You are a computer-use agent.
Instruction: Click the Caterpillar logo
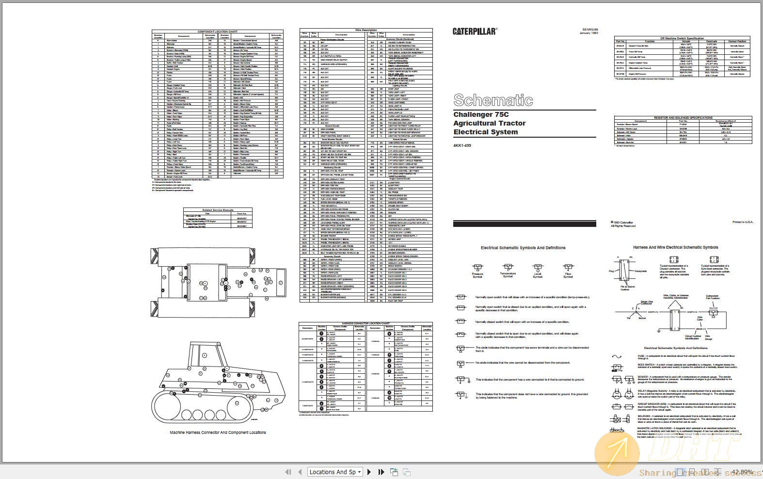pos(475,32)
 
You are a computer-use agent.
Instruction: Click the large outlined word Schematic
pos(493,100)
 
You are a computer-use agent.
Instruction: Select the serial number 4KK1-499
pos(462,145)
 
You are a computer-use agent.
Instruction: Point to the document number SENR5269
pos(590,29)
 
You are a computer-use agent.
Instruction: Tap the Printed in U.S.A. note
pos(743,222)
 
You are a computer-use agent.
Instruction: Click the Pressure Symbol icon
pos(477,268)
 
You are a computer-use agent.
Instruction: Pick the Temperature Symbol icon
pos(508,267)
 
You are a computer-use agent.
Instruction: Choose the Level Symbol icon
pos(538,268)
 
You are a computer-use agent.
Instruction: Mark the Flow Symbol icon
pos(568,268)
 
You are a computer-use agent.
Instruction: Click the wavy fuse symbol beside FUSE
pos(617,357)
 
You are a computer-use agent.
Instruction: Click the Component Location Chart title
pos(217,32)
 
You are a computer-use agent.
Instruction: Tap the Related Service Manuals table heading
pos(218,210)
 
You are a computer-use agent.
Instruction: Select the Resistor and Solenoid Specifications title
pos(683,118)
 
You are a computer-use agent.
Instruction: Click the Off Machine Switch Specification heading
pos(682,38)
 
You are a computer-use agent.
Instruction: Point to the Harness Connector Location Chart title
pos(366,323)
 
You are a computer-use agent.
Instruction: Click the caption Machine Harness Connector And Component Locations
pos(218,432)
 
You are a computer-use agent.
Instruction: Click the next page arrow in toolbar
pos(369,472)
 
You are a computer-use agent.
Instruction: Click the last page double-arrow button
pos(381,472)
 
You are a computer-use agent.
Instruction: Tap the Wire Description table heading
pos(366,30)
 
